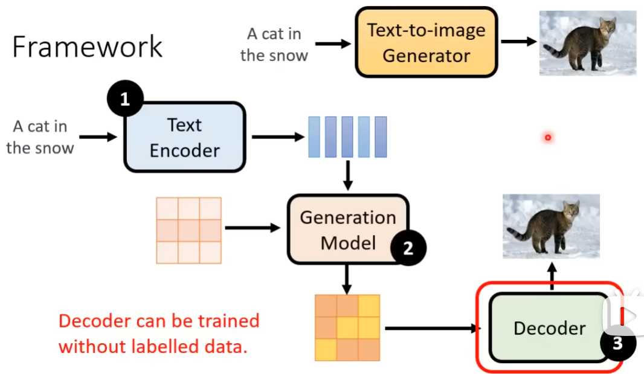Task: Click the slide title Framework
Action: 88,47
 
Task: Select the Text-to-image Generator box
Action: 426,42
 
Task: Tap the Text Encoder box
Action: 184,137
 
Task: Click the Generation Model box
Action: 347,230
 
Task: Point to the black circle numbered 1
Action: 125,99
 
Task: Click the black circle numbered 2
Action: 408,248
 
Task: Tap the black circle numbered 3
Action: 617,343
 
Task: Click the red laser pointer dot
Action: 548,138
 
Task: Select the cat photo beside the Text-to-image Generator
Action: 587,43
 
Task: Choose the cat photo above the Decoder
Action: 551,226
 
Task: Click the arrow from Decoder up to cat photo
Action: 551,280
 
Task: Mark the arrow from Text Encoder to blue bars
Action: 278,137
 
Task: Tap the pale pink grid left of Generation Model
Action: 189,230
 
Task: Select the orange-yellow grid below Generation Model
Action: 347,327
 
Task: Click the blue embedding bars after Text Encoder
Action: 347,137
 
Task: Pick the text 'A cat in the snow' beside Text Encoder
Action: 40,137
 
